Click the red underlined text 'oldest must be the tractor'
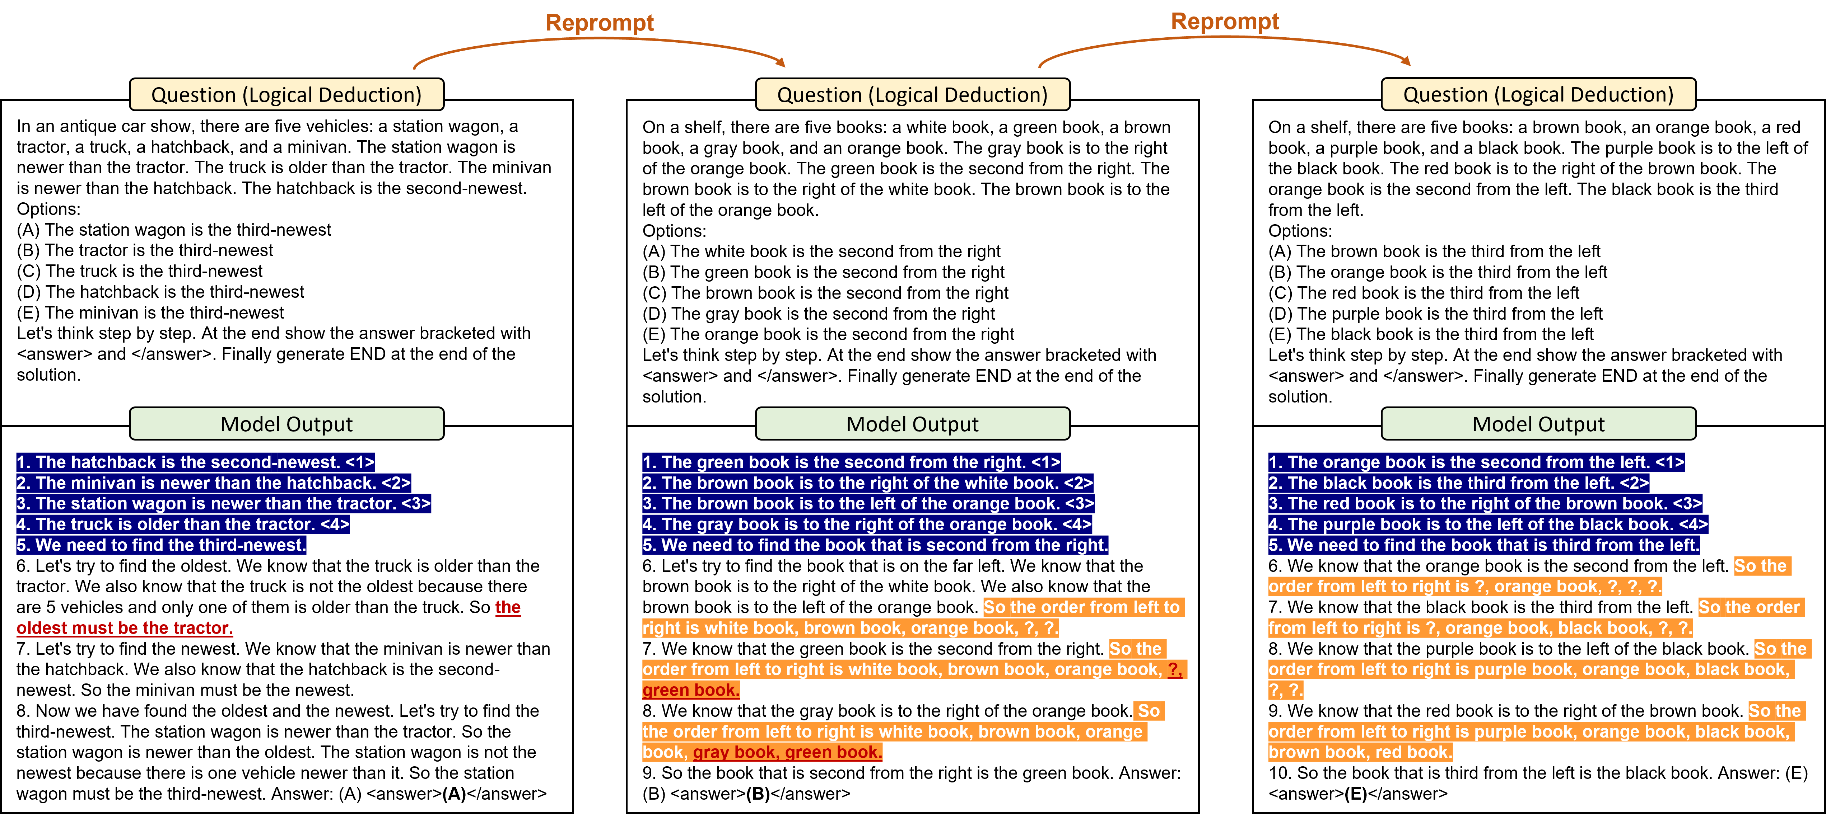tap(125, 629)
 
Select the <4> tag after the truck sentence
tap(335, 524)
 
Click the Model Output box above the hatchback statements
tap(287, 424)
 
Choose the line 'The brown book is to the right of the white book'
tap(859, 483)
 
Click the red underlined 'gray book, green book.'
tap(787, 752)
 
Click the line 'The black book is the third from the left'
tap(1450, 483)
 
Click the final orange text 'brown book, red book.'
tap(1360, 752)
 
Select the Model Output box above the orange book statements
tap(1538, 424)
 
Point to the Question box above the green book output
tap(912, 94)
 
